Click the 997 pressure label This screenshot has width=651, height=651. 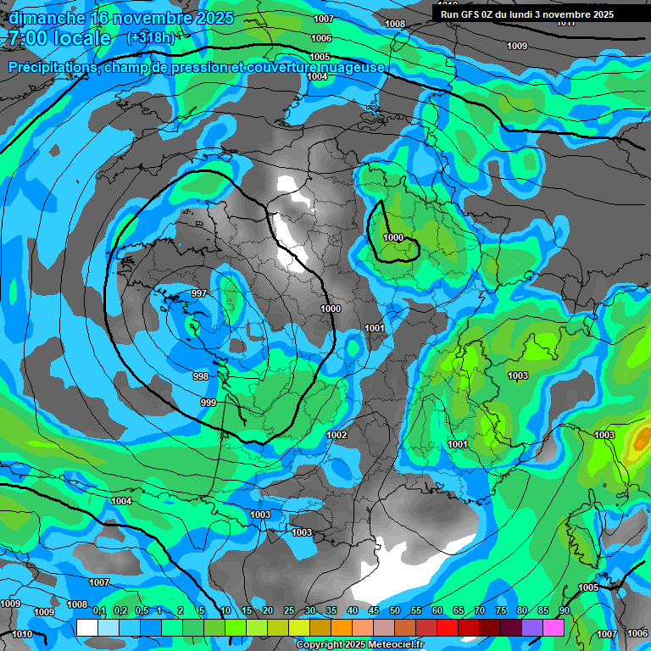point(199,293)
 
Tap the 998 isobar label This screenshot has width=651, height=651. point(201,376)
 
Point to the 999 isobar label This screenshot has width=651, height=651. point(209,402)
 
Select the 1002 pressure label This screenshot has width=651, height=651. point(337,435)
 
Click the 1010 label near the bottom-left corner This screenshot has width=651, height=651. point(22,634)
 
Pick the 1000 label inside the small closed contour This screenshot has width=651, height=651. point(393,238)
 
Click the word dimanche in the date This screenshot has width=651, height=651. point(47,18)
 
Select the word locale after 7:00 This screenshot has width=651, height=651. point(81,38)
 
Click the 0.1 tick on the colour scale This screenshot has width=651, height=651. point(99,611)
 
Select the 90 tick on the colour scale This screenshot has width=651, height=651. point(564,611)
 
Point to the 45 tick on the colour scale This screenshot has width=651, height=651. point(374,611)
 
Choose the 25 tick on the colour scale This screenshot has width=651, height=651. point(289,611)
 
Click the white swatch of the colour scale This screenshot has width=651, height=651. point(86,627)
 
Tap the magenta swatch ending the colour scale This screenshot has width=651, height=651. point(554,627)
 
